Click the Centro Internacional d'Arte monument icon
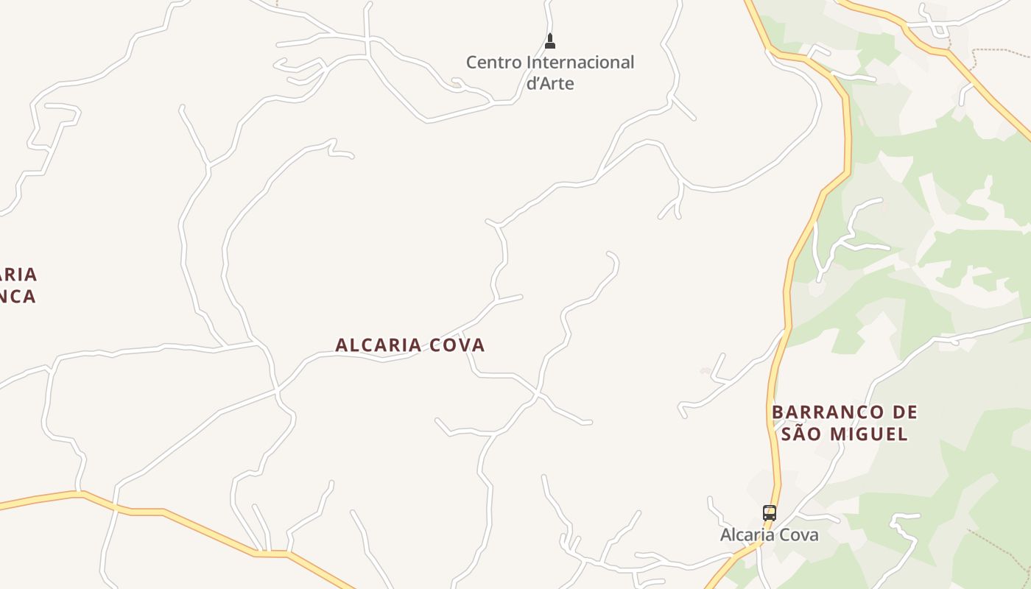[549, 41]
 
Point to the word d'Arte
[550, 83]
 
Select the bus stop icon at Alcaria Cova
[769, 512]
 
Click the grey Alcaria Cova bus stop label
[769, 535]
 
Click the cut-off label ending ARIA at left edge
[18, 275]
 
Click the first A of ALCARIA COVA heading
[342, 345]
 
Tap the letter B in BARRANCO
[778, 412]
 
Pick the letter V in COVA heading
[462, 345]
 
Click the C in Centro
[472, 63]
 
